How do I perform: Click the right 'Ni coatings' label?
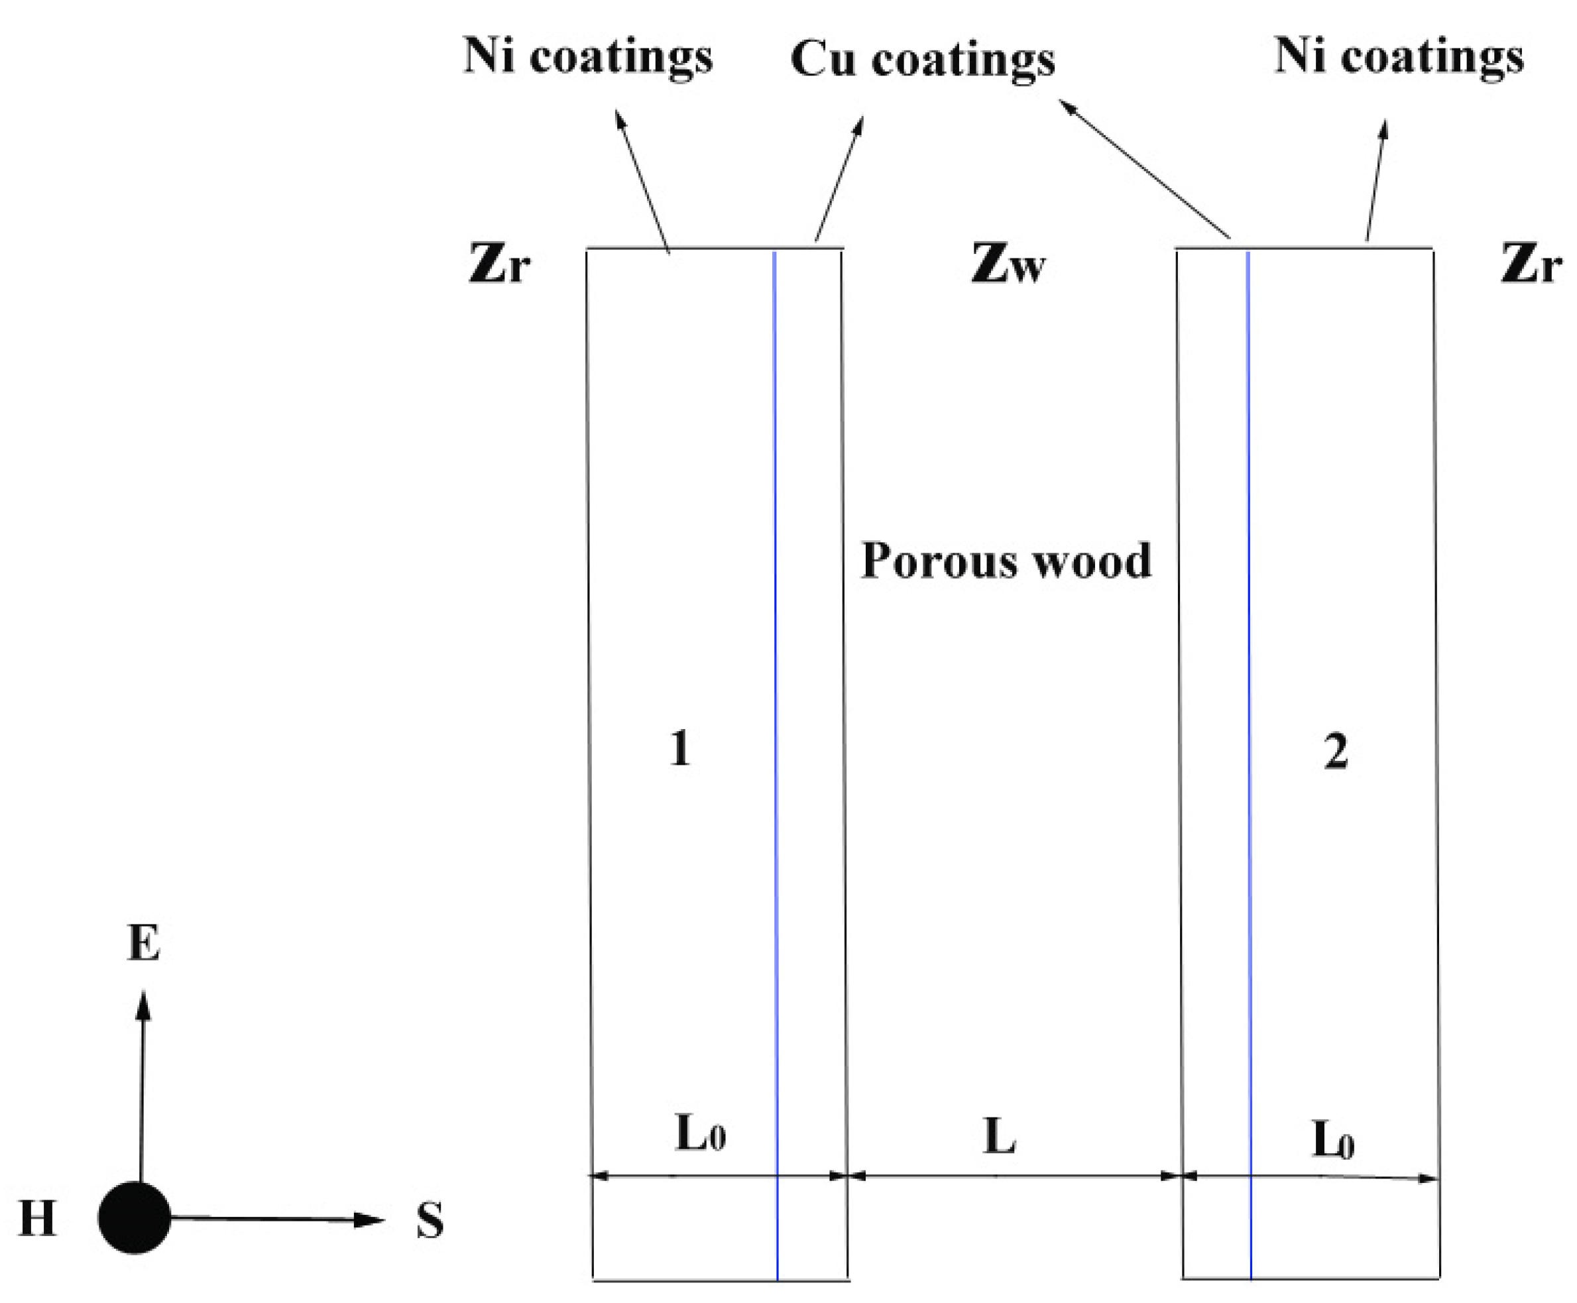1399,57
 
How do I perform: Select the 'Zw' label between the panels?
1008,264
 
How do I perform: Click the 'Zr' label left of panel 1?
499,264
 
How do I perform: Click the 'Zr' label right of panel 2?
1531,264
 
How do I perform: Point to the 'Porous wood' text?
1006,561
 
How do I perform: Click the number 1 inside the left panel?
679,748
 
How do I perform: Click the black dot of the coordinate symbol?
135,1218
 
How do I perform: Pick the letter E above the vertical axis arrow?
143,944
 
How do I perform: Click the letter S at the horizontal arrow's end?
430,1220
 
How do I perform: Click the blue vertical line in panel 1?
776,675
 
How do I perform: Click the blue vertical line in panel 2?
1249,675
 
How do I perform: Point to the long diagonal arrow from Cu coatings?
1145,170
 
